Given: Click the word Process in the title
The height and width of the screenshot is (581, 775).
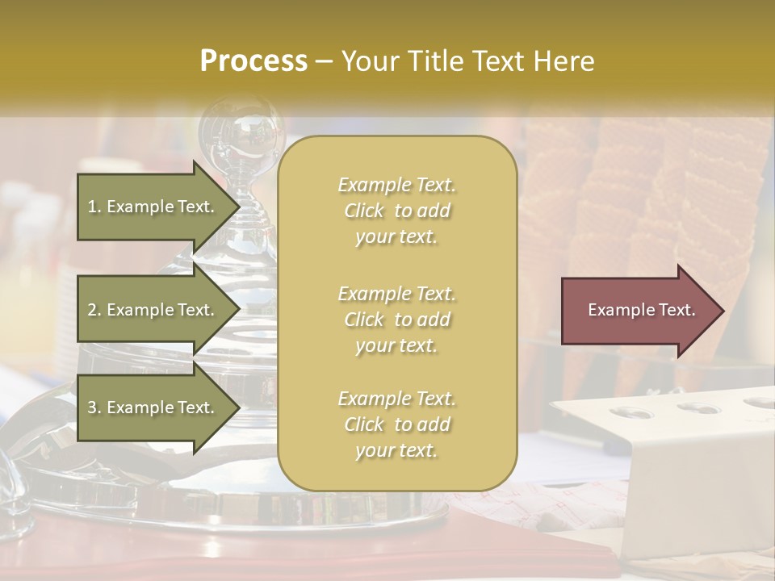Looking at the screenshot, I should pos(253,61).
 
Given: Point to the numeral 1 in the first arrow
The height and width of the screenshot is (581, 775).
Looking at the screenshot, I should pos(92,207).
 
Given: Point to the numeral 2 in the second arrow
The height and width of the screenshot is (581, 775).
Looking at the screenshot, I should pos(92,310).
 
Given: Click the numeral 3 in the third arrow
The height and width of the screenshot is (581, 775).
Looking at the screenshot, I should pos(92,408).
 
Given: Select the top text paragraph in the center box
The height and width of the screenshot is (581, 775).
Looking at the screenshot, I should pos(396,211).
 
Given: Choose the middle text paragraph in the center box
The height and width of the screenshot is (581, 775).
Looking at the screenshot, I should pos(396,320).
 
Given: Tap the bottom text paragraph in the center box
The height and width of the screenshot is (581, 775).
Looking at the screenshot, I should pos(396,424).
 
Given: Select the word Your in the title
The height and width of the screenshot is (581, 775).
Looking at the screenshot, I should pos(367,61).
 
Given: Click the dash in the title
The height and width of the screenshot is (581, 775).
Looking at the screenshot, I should pos(325,61).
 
